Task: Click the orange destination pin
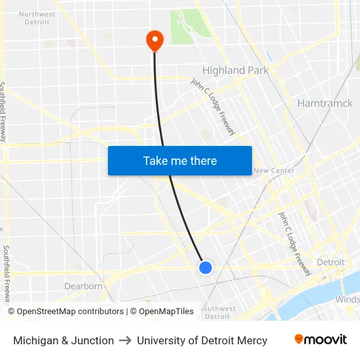[154, 41]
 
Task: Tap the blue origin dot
[206, 267]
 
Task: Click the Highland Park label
[236, 70]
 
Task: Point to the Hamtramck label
[325, 103]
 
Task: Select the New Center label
[274, 171]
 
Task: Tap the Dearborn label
[84, 286]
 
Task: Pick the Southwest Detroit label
[217, 312]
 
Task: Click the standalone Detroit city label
[331, 262]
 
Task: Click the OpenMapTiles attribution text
[164, 312]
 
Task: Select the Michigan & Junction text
[63, 340]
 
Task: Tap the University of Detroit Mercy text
[202, 340]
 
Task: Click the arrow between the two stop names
[125, 340]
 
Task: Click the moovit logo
[321, 340]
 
